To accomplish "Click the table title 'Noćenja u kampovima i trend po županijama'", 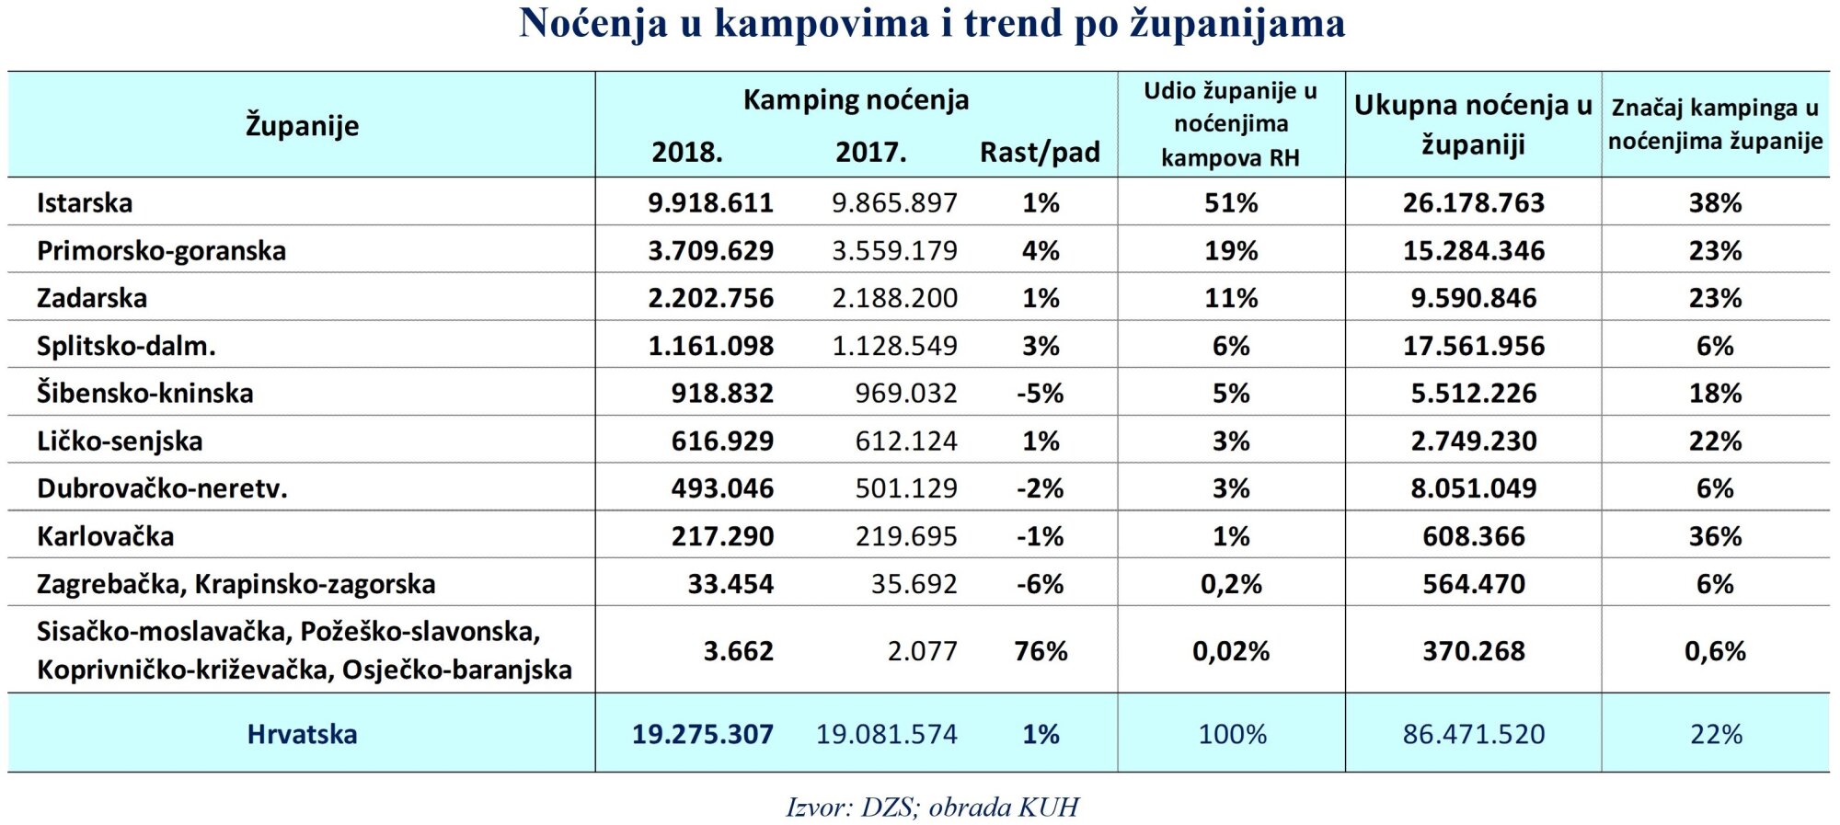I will pyautogui.click(x=932, y=24).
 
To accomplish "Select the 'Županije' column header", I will pyautogui.click(x=302, y=125).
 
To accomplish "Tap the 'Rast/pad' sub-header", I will pyautogui.click(x=1040, y=152).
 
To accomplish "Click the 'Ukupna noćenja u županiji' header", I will pyautogui.click(x=1473, y=124).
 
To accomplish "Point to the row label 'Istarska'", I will pyautogui.click(x=85, y=202).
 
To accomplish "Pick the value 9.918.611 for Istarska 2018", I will pyautogui.click(x=710, y=202).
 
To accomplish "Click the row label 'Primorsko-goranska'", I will pyautogui.click(x=161, y=250).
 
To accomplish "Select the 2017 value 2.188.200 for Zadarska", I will pyautogui.click(x=894, y=298).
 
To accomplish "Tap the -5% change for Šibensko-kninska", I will pyautogui.click(x=1040, y=394).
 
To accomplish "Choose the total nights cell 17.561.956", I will pyautogui.click(x=1473, y=346).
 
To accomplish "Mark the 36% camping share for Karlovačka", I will pyautogui.click(x=1715, y=536).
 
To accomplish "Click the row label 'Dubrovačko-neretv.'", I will pyautogui.click(x=162, y=488).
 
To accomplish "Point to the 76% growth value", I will pyautogui.click(x=1041, y=651).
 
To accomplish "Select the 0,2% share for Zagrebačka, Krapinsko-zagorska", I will pyautogui.click(x=1231, y=584).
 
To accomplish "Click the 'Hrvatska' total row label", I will pyautogui.click(x=302, y=734).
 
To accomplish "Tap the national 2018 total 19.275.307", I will pyautogui.click(x=702, y=734).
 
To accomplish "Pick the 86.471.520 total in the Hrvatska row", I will pyautogui.click(x=1473, y=734).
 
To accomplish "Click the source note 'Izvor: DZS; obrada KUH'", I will pyautogui.click(x=931, y=807).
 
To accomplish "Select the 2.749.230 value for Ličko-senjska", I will pyautogui.click(x=1473, y=441).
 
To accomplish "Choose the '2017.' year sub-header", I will pyautogui.click(x=870, y=152).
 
